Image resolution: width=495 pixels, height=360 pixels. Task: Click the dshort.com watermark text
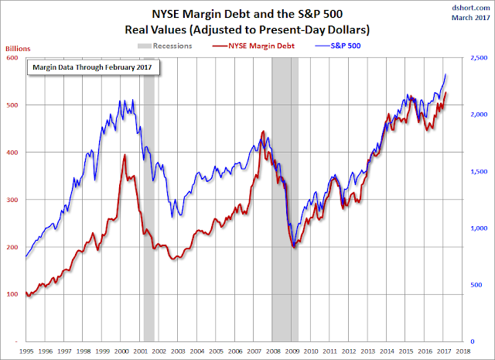click(469, 8)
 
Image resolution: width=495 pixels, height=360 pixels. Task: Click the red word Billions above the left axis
click(18, 48)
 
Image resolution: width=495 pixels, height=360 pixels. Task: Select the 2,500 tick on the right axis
click(479, 57)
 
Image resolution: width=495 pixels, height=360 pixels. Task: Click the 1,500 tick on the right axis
click(479, 171)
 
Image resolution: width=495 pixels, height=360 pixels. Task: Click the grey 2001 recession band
click(149, 194)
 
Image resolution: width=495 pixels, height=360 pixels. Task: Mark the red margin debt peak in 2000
click(125, 156)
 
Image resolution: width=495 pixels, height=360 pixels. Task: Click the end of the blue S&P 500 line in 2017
click(445, 74)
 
